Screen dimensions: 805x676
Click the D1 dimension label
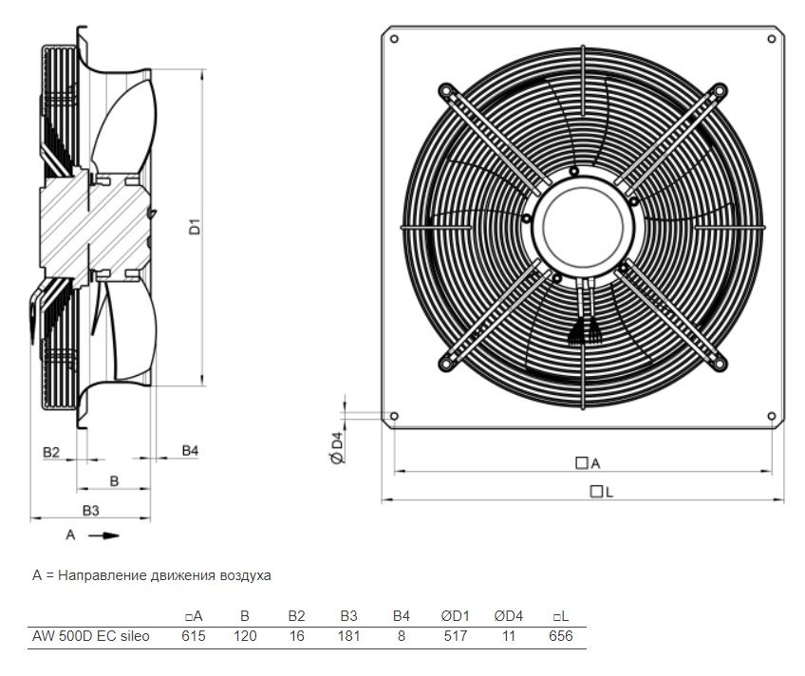pos(196,226)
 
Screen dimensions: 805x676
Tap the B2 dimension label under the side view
pos(51,452)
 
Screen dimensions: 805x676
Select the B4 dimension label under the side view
pos(190,451)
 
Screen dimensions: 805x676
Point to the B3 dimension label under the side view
pos(91,511)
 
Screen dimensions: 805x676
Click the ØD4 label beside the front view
pos(337,448)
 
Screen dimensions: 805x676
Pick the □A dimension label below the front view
pos(588,463)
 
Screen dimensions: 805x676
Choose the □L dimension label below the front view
pos(602,492)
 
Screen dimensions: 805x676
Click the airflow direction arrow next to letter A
pos(103,535)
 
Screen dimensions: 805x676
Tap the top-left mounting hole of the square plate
pos(394,39)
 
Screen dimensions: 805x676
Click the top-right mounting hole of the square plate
pos(771,39)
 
